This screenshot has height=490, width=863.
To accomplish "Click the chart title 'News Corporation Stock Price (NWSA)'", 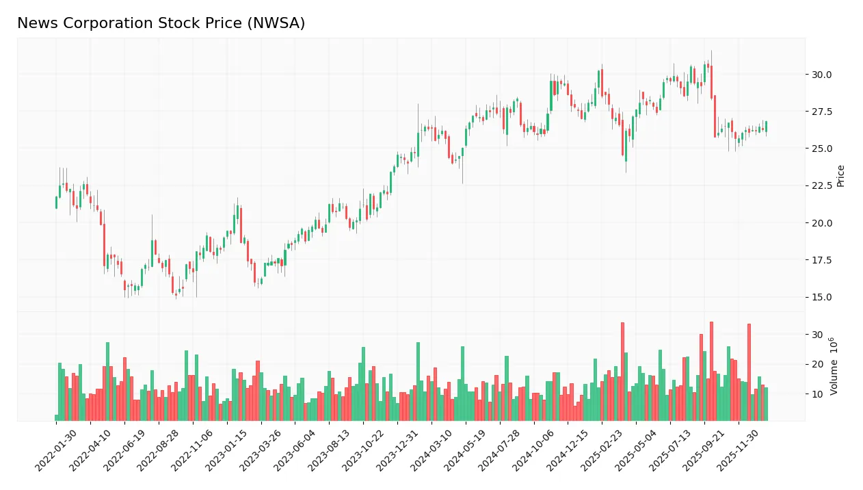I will click(161, 23).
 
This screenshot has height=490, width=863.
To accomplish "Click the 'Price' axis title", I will click(841, 175).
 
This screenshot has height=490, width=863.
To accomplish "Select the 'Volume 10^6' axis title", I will click(834, 366).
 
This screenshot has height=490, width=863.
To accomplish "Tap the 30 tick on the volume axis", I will click(817, 335).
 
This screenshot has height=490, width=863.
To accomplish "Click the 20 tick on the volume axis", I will click(817, 364).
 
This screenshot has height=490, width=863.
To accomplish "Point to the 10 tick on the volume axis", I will click(817, 394).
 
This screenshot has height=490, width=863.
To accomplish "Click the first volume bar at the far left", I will click(56, 417).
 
